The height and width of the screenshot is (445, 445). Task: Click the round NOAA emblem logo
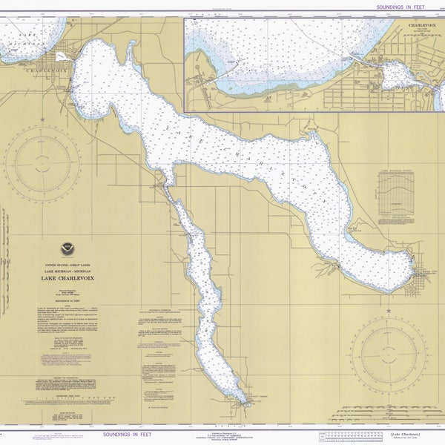pos(67,249)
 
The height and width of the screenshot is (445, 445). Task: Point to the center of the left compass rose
pos(42,164)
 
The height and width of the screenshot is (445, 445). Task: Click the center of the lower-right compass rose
pos(388,349)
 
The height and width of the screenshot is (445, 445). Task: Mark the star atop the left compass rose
pos(42,119)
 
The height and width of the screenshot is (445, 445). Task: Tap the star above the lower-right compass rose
pos(388,303)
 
